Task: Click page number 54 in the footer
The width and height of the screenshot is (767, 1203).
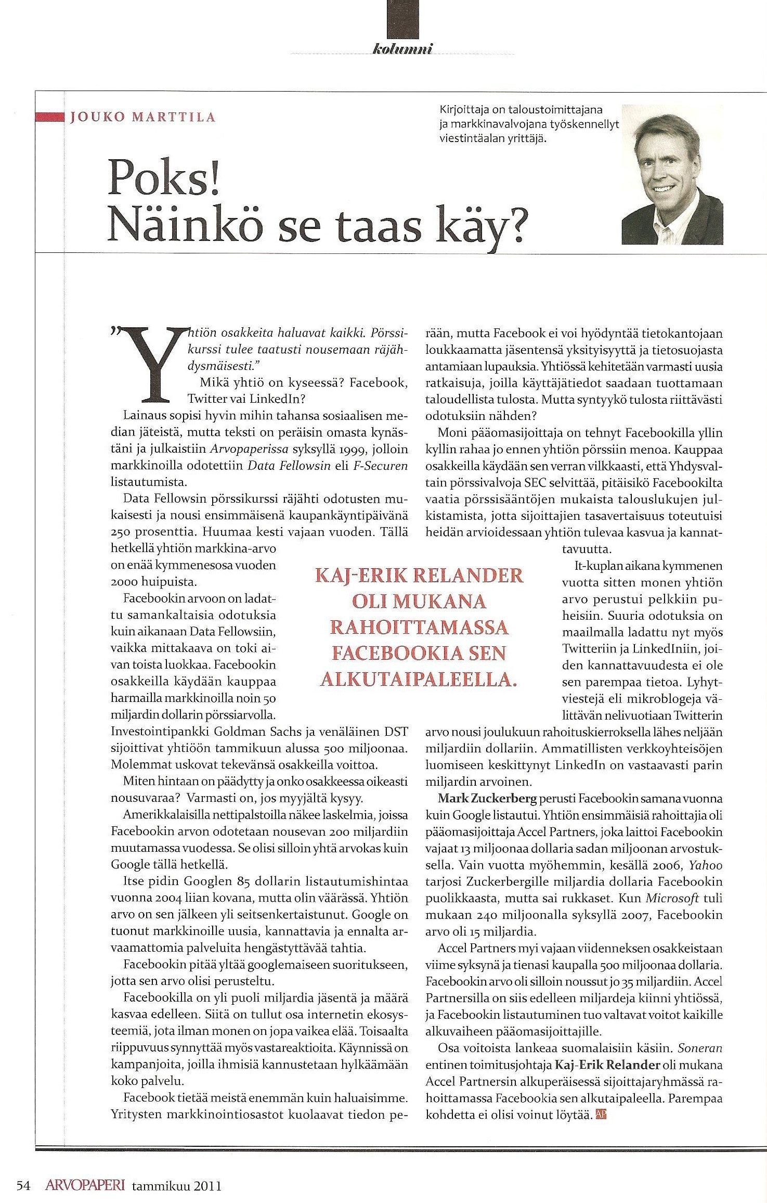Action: (23, 1171)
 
